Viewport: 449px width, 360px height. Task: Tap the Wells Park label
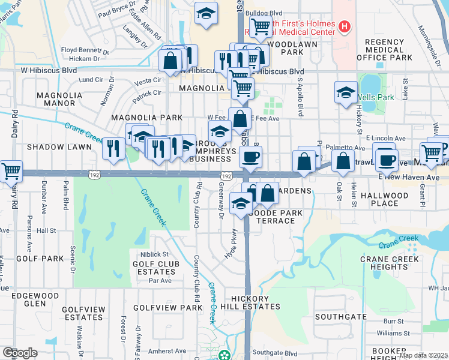[377, 97]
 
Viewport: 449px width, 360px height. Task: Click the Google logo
[20, 352]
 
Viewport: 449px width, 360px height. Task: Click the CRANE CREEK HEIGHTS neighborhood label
[393, 263]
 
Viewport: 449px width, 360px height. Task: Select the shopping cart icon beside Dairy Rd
[10, 171]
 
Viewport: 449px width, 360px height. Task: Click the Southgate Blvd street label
[275, 353]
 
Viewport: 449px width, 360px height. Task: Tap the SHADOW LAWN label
[50, 147]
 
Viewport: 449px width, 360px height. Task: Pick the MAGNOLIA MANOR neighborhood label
[56, 99]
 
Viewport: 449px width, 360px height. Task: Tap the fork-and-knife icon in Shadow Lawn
[112, 148]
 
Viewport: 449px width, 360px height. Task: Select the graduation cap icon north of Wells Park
[345, 92]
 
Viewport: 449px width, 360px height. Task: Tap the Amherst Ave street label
[167, 351]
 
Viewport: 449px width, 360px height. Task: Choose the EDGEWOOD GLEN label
[50, 299]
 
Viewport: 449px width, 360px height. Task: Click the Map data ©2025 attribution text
[423, 355]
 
